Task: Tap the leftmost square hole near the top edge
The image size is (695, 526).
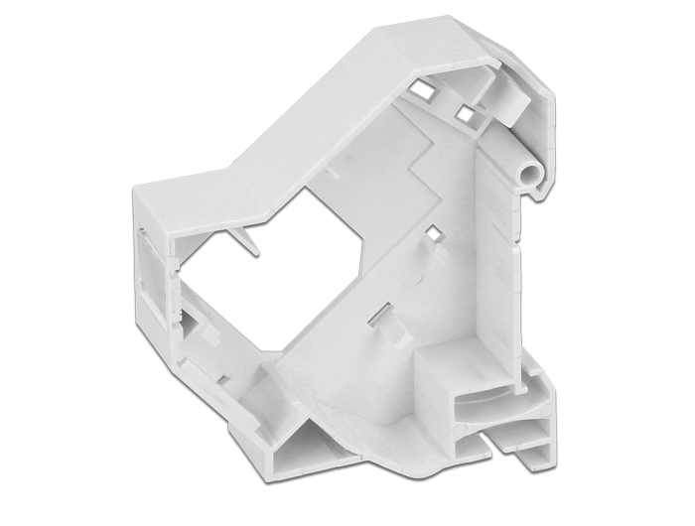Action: pyautogui.click(x=421, y=89)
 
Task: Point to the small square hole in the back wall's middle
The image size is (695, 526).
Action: pyautogui.click(x=433, y=234)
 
